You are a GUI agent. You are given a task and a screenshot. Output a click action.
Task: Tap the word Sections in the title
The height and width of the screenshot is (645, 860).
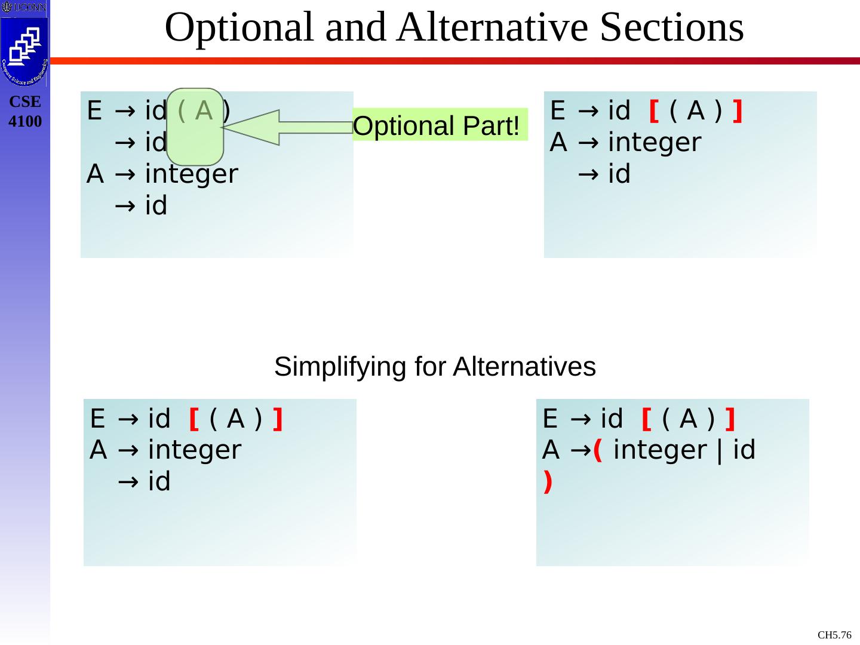point(672,27)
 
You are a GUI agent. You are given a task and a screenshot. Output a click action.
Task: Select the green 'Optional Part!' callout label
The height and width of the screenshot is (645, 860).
point(437,126)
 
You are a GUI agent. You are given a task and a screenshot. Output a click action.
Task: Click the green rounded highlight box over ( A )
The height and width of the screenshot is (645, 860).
point(195,127)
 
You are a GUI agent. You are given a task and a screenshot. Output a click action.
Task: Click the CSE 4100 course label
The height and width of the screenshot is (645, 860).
point(25,112)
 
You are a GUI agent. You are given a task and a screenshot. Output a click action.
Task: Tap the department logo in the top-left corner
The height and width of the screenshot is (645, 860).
point(24,51)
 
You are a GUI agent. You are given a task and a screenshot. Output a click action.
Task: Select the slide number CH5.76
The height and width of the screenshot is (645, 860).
point(834,635)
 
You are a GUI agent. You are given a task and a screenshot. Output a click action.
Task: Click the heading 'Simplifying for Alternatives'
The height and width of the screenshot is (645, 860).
point(435,367)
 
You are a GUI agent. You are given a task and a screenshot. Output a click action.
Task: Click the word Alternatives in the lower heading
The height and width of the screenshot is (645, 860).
point(524,367)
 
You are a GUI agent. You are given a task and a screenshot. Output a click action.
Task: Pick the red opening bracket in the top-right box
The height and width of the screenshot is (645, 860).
point(653,111)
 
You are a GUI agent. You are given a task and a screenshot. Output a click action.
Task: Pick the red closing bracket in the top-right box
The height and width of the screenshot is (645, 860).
point(738,111)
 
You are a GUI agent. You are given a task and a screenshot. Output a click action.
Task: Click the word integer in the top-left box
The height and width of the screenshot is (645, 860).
point(192,174)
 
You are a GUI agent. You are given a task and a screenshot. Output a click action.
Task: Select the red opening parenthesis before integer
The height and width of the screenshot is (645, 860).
point(598,450)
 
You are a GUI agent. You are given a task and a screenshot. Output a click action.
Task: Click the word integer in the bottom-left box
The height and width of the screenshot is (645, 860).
point(195,450)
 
